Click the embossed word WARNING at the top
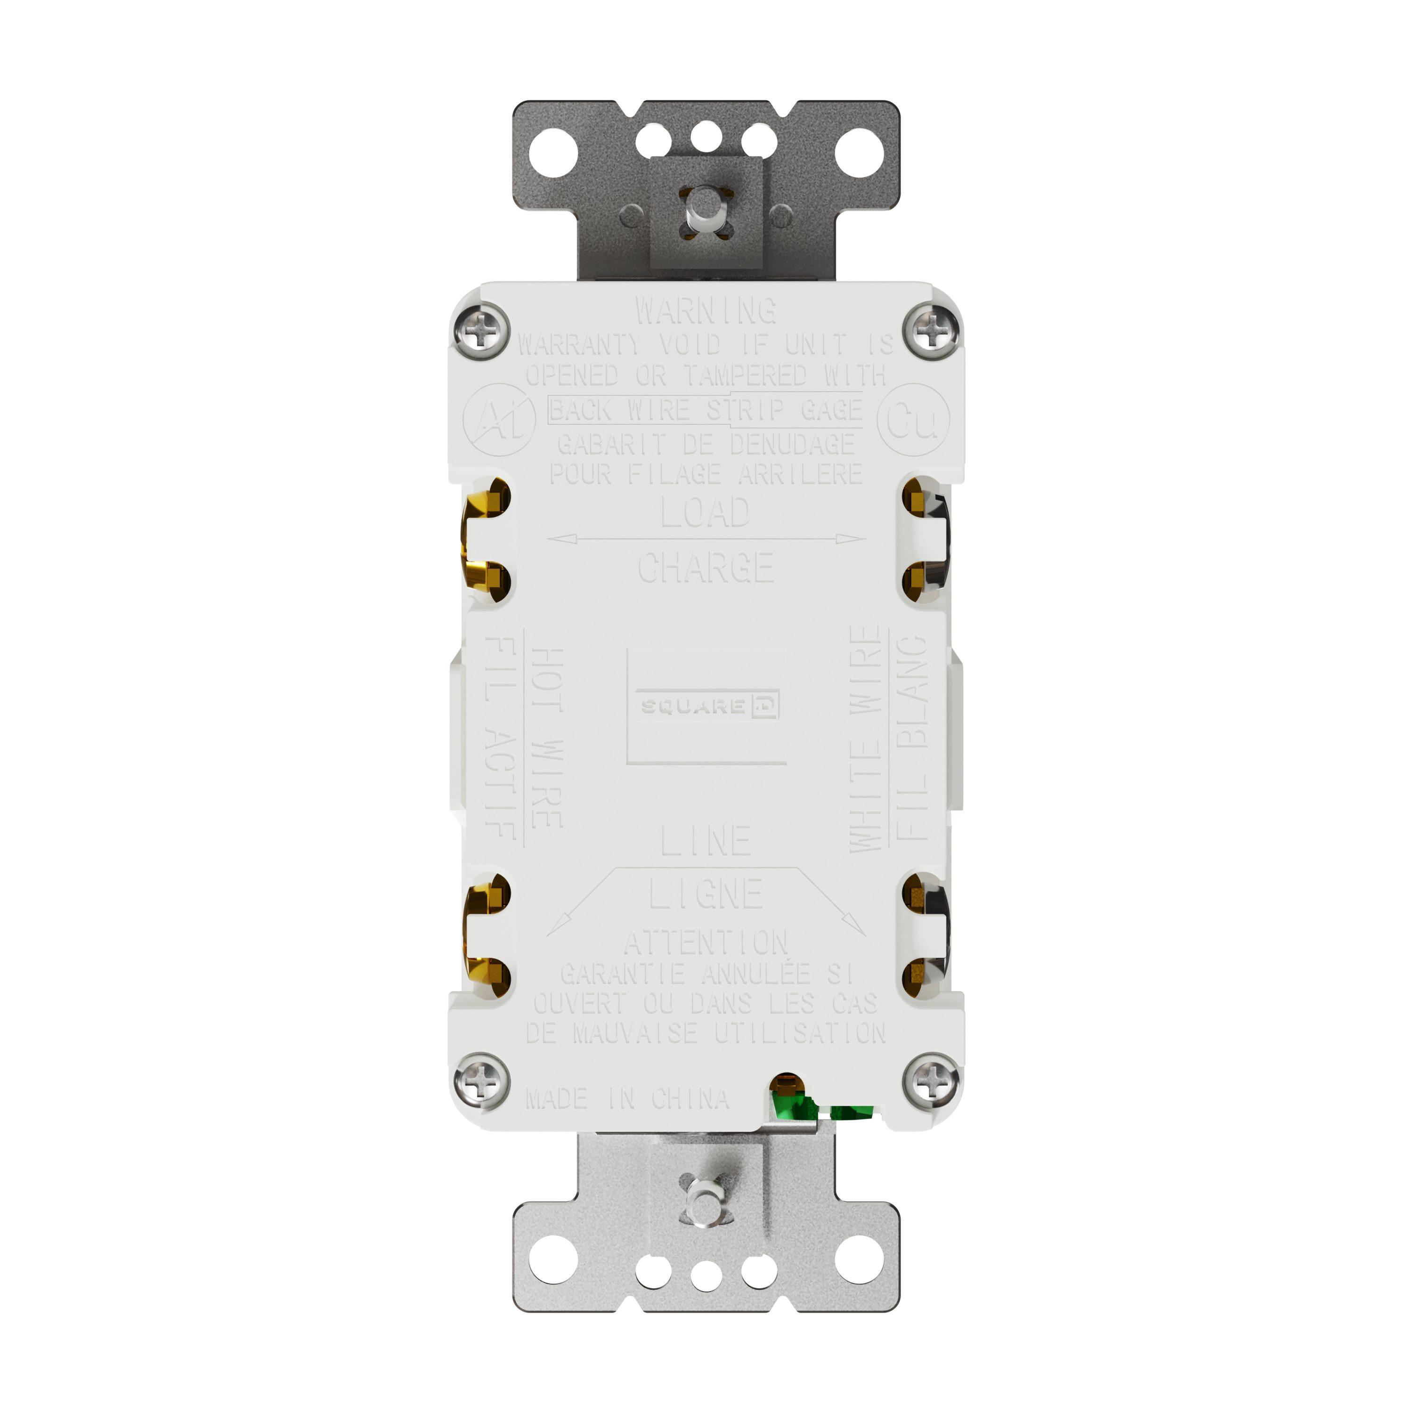[x=706, y=311]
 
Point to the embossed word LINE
[x=706, y=841]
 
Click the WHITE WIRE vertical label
[x=867, y=739]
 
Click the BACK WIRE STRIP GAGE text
[x=706, y=410]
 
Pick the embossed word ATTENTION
[x=706, y=943]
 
